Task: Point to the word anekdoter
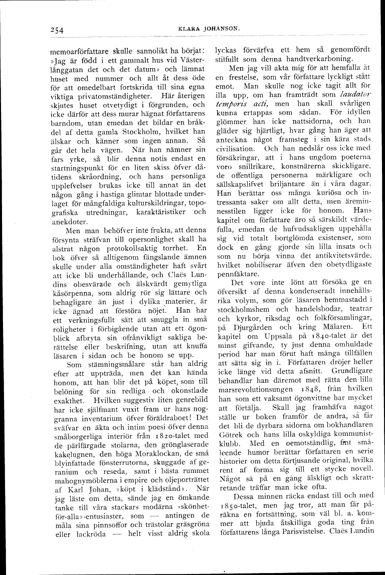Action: pyautogui.click(x=69, y=222)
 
